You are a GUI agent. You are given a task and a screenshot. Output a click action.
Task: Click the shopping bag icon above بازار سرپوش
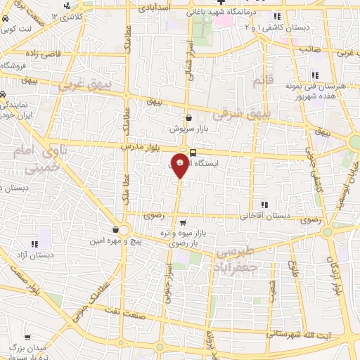tap(188, 118)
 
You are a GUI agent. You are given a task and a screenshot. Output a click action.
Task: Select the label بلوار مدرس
tap(138, 146)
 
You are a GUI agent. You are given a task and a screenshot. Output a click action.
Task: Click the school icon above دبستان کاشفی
tap(277, 15)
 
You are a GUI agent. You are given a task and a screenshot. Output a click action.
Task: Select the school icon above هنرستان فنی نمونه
tap(314, 75)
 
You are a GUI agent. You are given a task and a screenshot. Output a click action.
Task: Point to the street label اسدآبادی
tap(155, 8)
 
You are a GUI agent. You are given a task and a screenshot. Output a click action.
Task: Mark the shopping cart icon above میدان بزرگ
tap(27, 337)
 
